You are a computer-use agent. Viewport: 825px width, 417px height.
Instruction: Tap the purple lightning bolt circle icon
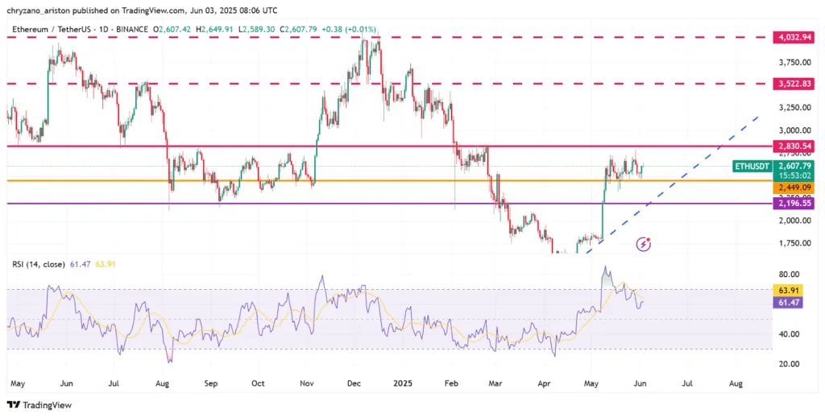(643, 243)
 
